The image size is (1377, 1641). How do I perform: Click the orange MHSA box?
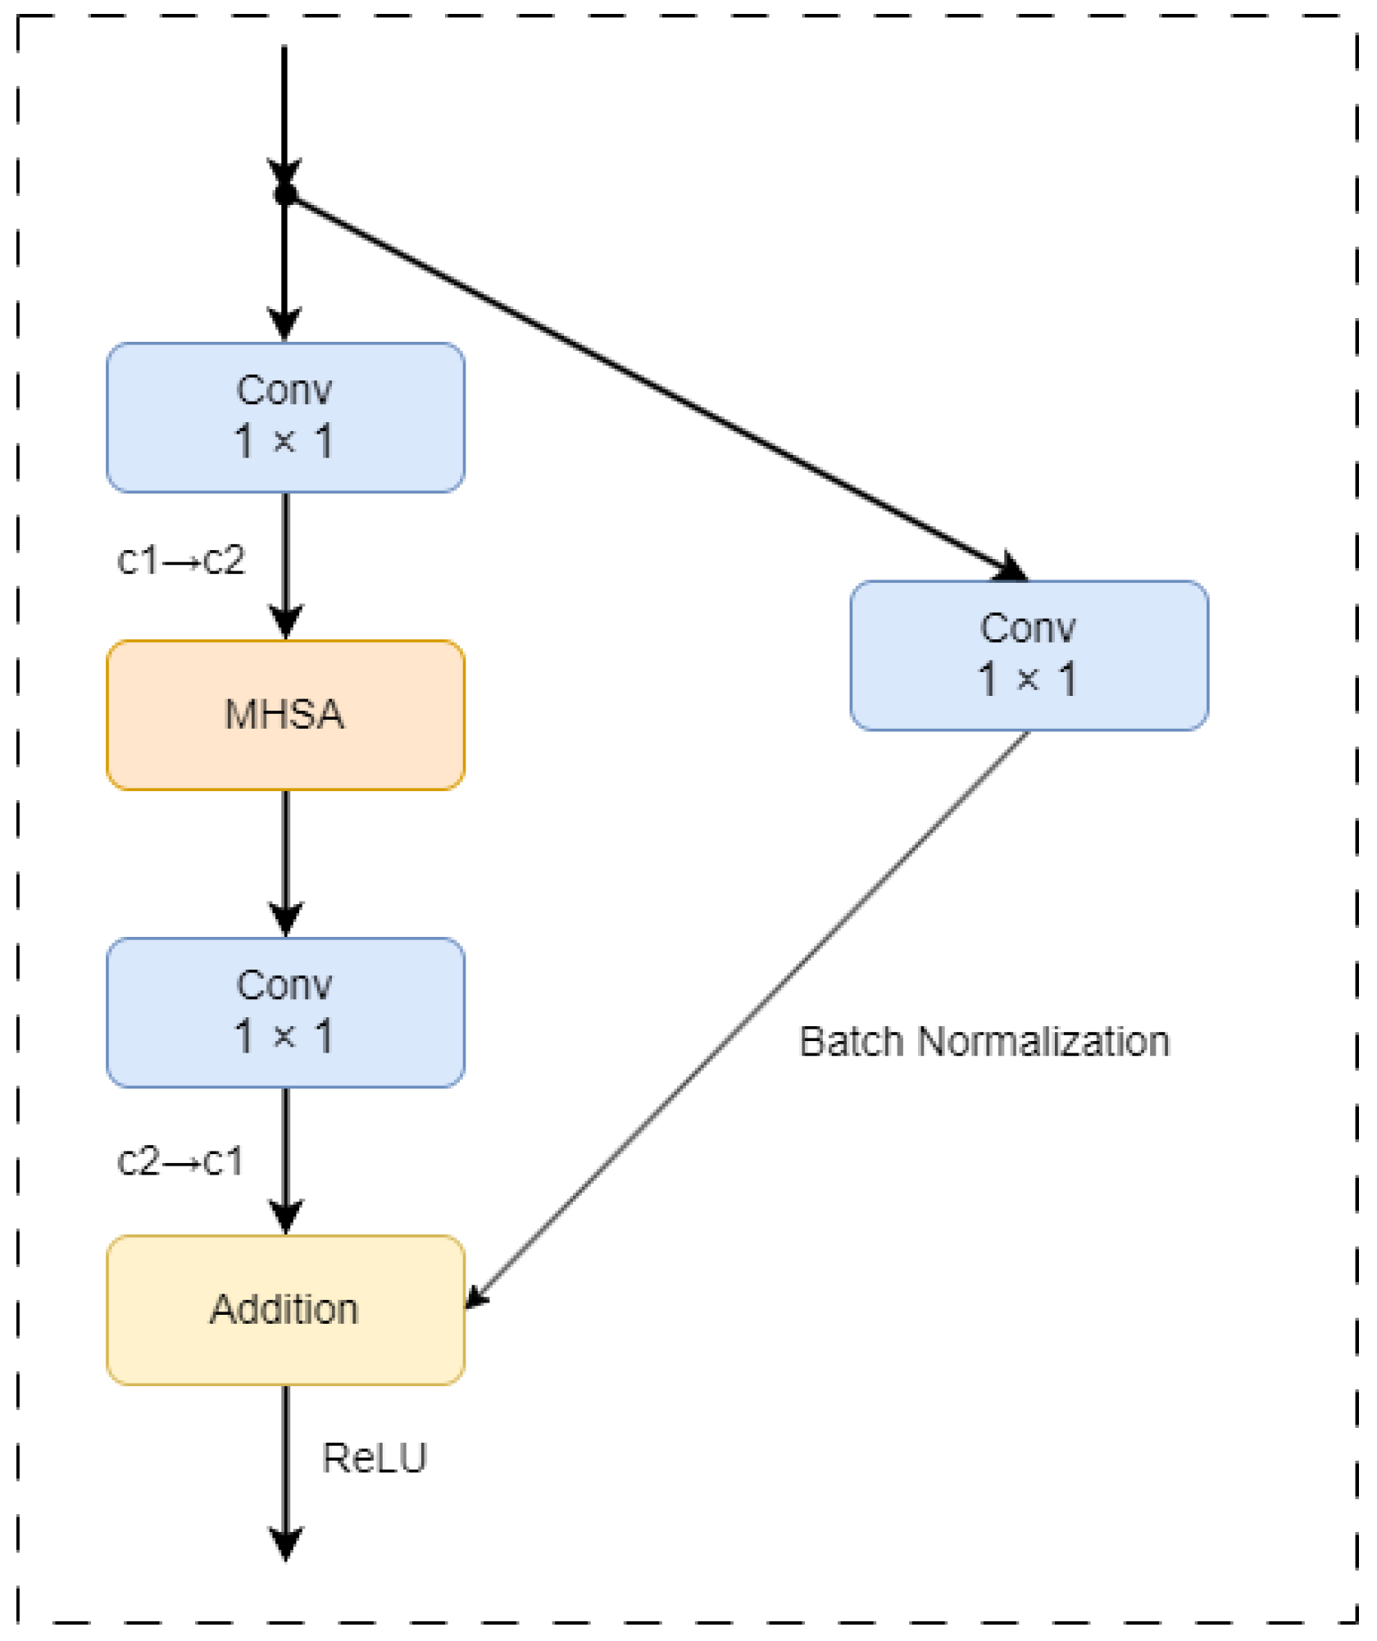coord(285,715)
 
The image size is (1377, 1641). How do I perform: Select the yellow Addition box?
coord(285,1309)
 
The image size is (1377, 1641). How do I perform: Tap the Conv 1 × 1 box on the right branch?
coord(1029,655)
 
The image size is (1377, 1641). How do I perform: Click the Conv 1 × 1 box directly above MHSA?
coord(285,417)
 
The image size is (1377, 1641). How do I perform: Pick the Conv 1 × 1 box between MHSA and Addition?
coord(285,1012)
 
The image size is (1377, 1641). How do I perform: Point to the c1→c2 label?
coord(181,560)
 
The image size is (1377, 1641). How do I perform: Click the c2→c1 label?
coord(181,1161)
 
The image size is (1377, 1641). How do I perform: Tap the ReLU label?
coord(375,1458)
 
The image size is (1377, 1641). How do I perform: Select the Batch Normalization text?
coord(984,1042)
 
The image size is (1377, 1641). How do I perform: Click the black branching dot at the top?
coord(285,193)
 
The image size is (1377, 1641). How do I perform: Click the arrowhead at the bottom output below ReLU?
coord(285,1544)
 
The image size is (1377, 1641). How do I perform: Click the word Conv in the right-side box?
coord(1028,629)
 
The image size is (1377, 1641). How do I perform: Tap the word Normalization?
coord(1043,1042)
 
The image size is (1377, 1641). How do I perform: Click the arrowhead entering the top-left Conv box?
coord(285,325)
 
